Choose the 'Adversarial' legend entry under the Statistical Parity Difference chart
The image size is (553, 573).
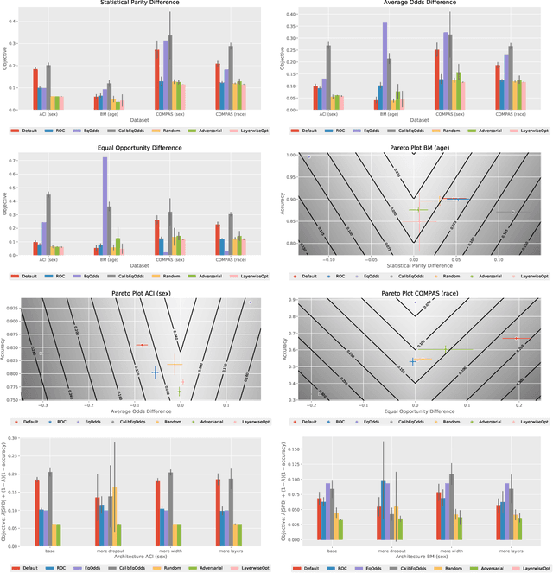pyautogui.click(x=211, y=131)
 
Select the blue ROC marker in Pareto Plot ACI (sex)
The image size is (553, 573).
pyautogui.click(x=156, y=372)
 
